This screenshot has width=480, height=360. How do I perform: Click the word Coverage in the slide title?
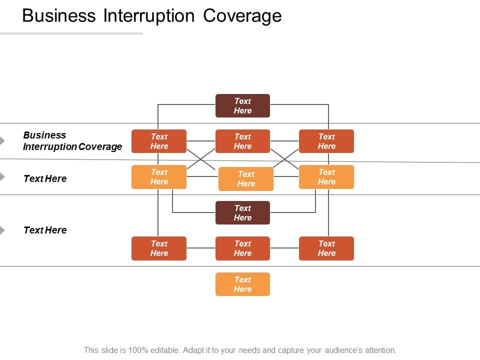click(x=242, y=16)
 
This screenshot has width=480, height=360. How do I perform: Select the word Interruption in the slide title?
click(x=149, y=16)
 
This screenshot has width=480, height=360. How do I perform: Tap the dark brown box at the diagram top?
click(x=242, y=105)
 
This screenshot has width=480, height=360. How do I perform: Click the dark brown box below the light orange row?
click(x=242, y=212)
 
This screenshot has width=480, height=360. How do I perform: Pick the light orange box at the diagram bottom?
click(x=242, y=284)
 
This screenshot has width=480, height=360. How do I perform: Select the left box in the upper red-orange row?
click(x=159, y=141)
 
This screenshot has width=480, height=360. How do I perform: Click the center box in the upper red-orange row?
click(x=242, y=141)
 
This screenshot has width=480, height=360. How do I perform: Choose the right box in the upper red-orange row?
click(x=326, y=141)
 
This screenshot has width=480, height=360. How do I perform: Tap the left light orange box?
click(x=159, y=177)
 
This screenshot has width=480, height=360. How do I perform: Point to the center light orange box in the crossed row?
click(x=246, y=179)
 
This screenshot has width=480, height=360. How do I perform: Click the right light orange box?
click(x=326, y=177)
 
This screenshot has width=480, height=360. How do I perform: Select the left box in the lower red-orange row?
click(x=159, y=248)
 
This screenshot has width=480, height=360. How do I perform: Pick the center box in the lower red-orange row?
click(x=242, y=248)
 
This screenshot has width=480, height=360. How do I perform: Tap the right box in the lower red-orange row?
click(x=326, y=248)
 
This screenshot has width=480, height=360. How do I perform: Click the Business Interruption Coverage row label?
click(x=72, y=141)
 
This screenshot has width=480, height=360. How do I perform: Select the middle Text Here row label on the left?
click(x=45, y=178)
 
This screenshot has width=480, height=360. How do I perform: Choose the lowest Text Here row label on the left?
click(x=45, y=230)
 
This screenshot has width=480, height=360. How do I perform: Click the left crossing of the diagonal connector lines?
click(x=201, y=159)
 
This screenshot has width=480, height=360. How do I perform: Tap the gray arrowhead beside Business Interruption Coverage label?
click(x=2, y=141)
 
